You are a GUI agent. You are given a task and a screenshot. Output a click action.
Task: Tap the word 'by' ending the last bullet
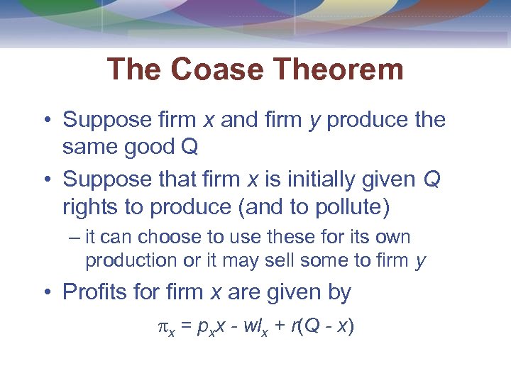point(338,292)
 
